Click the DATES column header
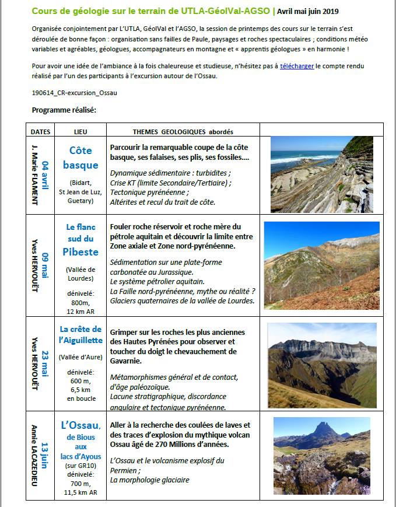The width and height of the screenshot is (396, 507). (x=40, y=131)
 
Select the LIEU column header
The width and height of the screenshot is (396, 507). (x=80, y=131)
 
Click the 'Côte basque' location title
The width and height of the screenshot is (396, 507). (x=80, y=158)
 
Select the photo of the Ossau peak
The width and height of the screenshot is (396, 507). (x=321, y=456)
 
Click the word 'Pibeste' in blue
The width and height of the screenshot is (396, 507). (x=80, y=252)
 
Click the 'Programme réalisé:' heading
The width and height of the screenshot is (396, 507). (x=64, y=110)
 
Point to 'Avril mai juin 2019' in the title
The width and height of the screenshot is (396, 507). (x=307, y=11)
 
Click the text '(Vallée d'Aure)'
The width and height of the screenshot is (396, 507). (x=80, y=356)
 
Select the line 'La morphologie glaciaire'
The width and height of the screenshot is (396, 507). (x=149, y=480)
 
